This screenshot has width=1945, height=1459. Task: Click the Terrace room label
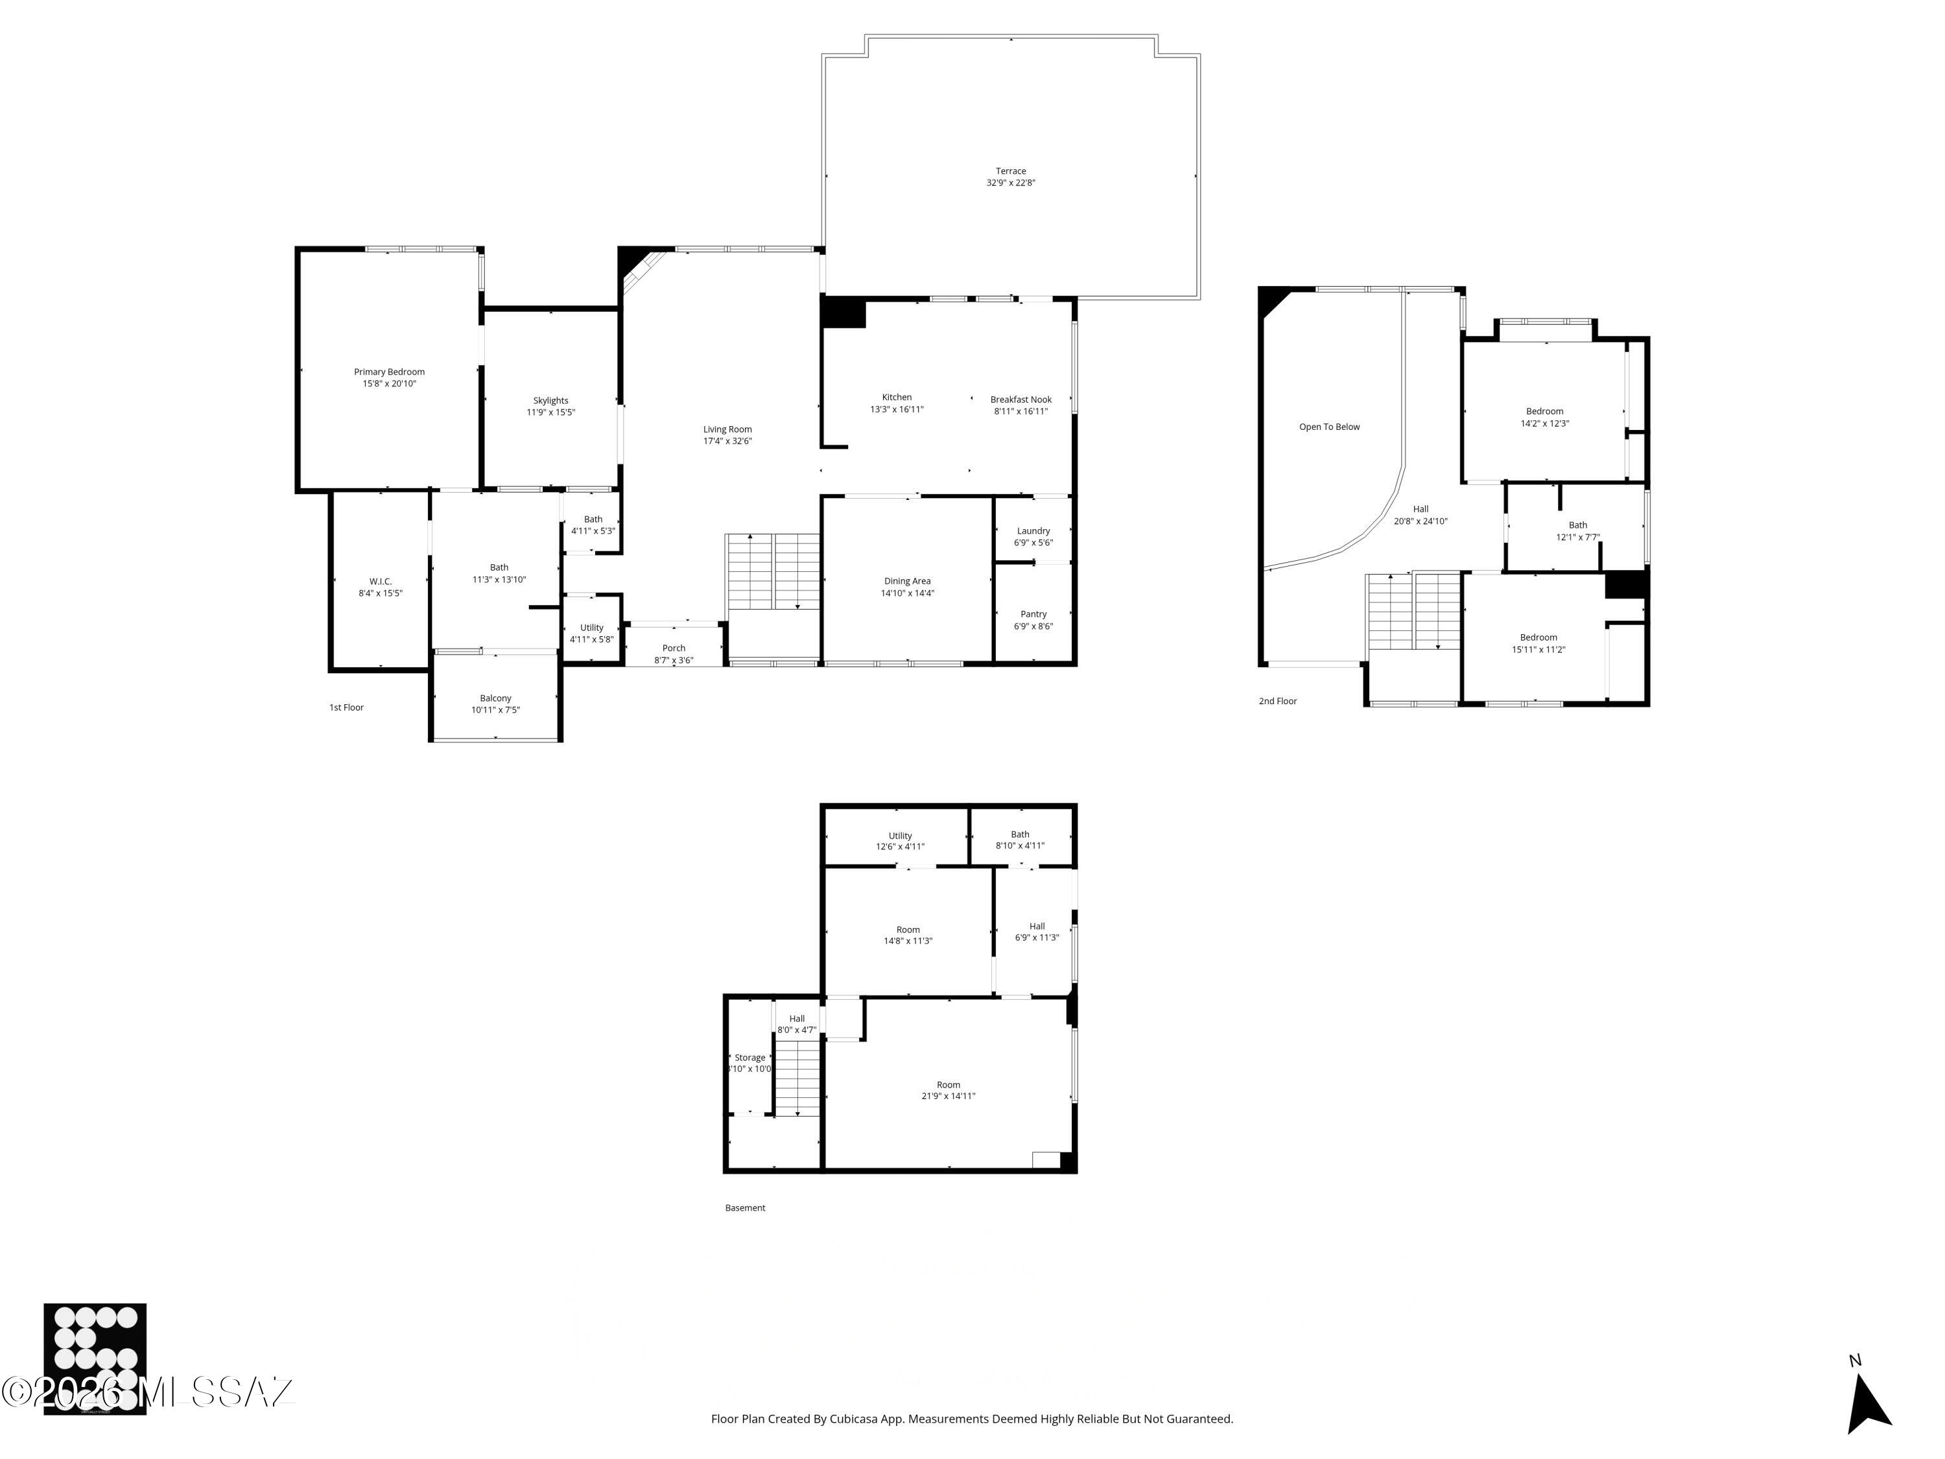(1010, 171)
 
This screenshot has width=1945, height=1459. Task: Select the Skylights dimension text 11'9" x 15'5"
(550, 412)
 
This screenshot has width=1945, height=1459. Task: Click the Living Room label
(727, 429)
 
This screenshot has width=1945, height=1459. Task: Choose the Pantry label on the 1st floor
(1033, 614)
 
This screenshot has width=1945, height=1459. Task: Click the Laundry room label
(1033, 530)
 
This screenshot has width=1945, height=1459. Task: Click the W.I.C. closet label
(380, 581)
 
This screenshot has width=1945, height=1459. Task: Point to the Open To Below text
(1328, 427)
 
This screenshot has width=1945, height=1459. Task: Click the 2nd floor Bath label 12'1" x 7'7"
(1577, 525)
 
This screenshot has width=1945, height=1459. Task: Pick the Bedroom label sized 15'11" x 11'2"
(1538, 637)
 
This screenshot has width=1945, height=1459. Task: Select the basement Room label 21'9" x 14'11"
(948, 1084)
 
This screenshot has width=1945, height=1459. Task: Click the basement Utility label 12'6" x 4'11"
(899, 835)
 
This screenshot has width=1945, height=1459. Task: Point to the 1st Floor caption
(346, 707)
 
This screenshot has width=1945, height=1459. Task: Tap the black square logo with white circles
(95, 1358)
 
